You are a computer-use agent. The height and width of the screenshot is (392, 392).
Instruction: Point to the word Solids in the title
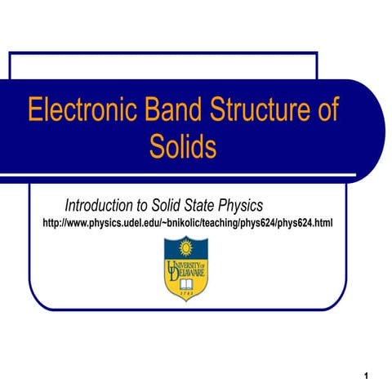(183, 147)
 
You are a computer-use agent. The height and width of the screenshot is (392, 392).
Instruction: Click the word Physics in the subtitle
(238, 204)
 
